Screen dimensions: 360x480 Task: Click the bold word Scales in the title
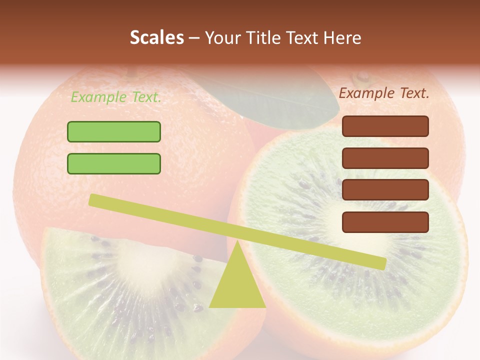[x=156, y=38]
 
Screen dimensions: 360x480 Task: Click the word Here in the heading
[x=343, y=38]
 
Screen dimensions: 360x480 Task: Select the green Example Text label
[x=115, y=97]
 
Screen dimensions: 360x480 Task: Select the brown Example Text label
[x=384, y=93]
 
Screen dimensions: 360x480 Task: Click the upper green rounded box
[x=114, y=131]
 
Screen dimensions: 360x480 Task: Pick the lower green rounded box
[x=114, y=163]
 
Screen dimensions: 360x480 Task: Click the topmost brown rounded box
[x=385, y=126]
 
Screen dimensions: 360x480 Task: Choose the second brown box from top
[x=385, y=158]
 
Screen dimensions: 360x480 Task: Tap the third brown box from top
[x=385, y=190]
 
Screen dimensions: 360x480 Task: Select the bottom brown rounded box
[x=385, y=222]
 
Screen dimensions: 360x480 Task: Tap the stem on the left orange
[x=131, y=74]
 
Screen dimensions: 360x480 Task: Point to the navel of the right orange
[x=362, y=76]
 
